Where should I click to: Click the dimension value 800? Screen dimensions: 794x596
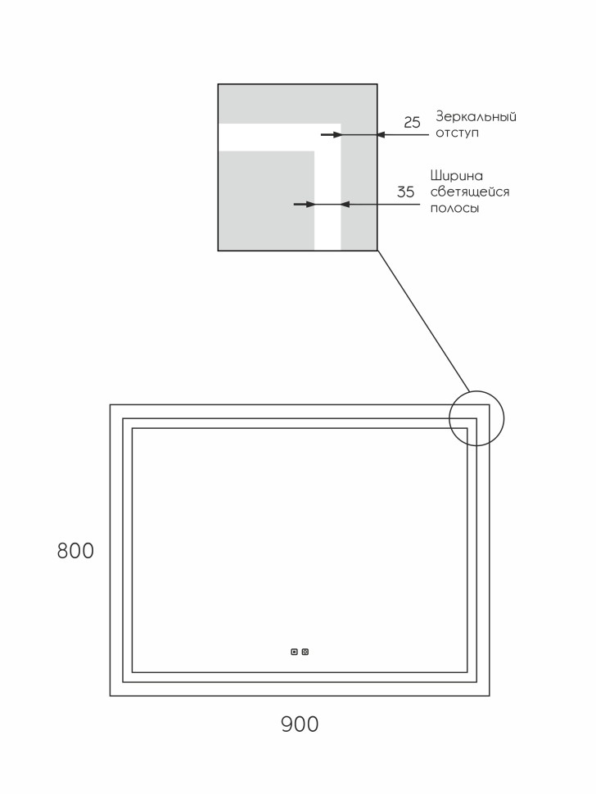point(75,552)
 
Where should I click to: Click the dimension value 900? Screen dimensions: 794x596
point(300,724)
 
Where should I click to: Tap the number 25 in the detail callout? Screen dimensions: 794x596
point(412,123)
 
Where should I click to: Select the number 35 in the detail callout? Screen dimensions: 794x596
point(406,193)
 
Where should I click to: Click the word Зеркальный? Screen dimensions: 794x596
point(476,116)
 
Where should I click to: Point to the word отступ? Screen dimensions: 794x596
point(458,133)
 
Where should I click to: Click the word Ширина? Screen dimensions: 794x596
point(457,175)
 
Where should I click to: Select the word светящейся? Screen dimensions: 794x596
point(470,192)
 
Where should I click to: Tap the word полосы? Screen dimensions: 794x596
point(454,209)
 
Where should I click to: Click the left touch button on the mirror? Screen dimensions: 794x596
point(295,652)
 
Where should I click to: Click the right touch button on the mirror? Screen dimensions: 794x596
point(305,652)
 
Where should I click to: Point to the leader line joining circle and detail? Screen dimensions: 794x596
point(422,319)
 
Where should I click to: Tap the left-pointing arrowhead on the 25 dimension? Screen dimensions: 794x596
point(381,134)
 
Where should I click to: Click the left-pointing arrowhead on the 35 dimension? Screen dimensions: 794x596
point(345,204)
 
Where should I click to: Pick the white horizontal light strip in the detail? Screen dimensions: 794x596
point(270,137)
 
